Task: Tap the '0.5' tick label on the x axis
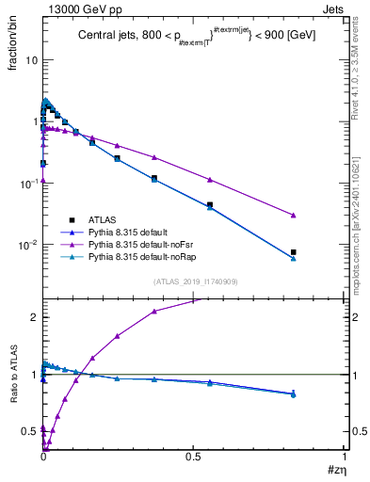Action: tap(194, 455)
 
